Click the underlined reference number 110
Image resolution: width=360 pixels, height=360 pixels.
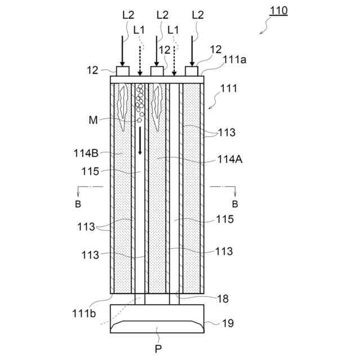coord(277,11)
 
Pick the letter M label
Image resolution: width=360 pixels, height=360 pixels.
coord(93,119)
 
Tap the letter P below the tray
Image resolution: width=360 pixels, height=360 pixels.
coord(158,348)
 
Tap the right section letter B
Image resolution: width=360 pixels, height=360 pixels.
coord(235,203)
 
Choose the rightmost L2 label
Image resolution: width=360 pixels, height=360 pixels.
coord(198,15)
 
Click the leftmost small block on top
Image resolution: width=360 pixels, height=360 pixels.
coord(123,71)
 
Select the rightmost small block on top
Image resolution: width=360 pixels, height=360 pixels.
coord(193,71)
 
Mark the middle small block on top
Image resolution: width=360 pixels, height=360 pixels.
coord(158,71)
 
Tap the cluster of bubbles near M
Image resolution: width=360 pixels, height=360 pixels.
coord(139,101)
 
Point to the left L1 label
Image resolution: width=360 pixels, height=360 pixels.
coord(140,29)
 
